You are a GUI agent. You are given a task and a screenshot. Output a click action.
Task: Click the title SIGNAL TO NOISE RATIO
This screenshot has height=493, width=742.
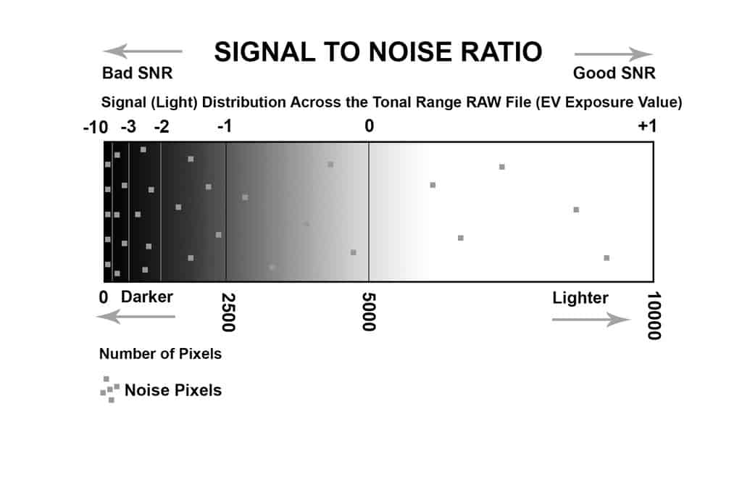pyautogui.click(x=378, y=52)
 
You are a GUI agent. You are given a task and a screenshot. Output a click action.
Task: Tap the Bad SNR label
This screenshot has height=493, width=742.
pyautogui.click(x=138, y=73)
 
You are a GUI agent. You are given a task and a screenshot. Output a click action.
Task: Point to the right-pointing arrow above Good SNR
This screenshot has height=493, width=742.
pyautogui.click(x=614, y=54)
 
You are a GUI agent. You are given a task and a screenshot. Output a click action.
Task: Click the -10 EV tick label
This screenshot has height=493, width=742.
pyautogui.click(x=96, y=128)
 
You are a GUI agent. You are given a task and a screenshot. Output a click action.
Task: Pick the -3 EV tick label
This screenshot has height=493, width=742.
pyautogui.click(x=128, y=128)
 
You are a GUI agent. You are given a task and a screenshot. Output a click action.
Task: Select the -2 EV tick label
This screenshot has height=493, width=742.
pyautogui.click(x=162, y=128)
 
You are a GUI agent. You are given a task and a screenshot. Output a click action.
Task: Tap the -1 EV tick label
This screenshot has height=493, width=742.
pyautogui.click(x=225, y=128)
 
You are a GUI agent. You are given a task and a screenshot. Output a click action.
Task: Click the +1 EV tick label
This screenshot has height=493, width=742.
pyautogui.click(x=646, y=127)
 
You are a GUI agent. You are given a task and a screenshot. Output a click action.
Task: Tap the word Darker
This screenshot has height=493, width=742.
pyautogui.click(x=147, y=297)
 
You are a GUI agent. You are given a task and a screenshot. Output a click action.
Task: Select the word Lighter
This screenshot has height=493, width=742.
pyautogui.click(x=580, y=298)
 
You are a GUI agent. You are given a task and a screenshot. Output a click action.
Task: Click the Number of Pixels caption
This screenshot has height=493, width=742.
pyautogui.click(x=160, y=355)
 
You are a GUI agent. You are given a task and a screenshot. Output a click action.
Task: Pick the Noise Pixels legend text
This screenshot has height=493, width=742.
pyautogui.click(x=173, y=390)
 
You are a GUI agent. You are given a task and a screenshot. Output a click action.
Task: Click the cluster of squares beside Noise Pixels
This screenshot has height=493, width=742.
pyautogui.click(x=109, y=389)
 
